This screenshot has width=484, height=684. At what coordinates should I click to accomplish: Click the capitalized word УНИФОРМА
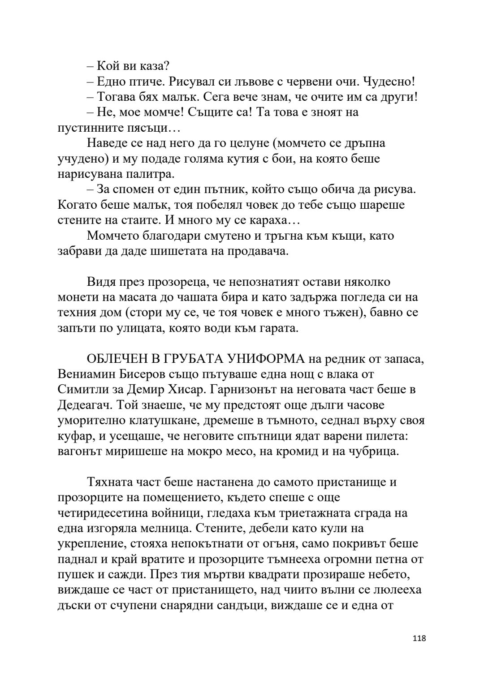coord(268,359)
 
